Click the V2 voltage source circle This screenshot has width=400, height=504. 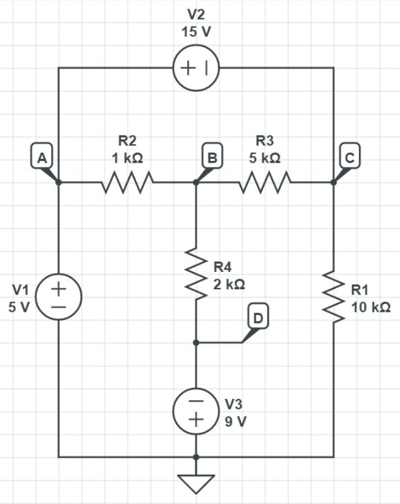196,68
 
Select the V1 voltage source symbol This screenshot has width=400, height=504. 58,297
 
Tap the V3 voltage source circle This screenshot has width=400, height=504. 196,411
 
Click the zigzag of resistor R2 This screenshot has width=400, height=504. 127,182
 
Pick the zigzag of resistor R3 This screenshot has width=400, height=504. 265,182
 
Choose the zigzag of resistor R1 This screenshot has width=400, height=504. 334,297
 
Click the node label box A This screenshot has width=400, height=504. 41,157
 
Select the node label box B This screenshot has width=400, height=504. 213,157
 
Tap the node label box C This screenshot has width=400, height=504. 350,157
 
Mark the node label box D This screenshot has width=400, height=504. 258,317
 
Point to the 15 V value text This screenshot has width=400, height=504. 196,32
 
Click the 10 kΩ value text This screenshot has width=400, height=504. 371,307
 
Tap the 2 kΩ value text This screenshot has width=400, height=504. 230,284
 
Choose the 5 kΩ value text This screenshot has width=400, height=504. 265,158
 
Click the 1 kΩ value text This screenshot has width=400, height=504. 127,158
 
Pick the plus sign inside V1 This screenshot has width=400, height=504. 58,287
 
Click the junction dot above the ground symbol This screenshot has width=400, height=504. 196,457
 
